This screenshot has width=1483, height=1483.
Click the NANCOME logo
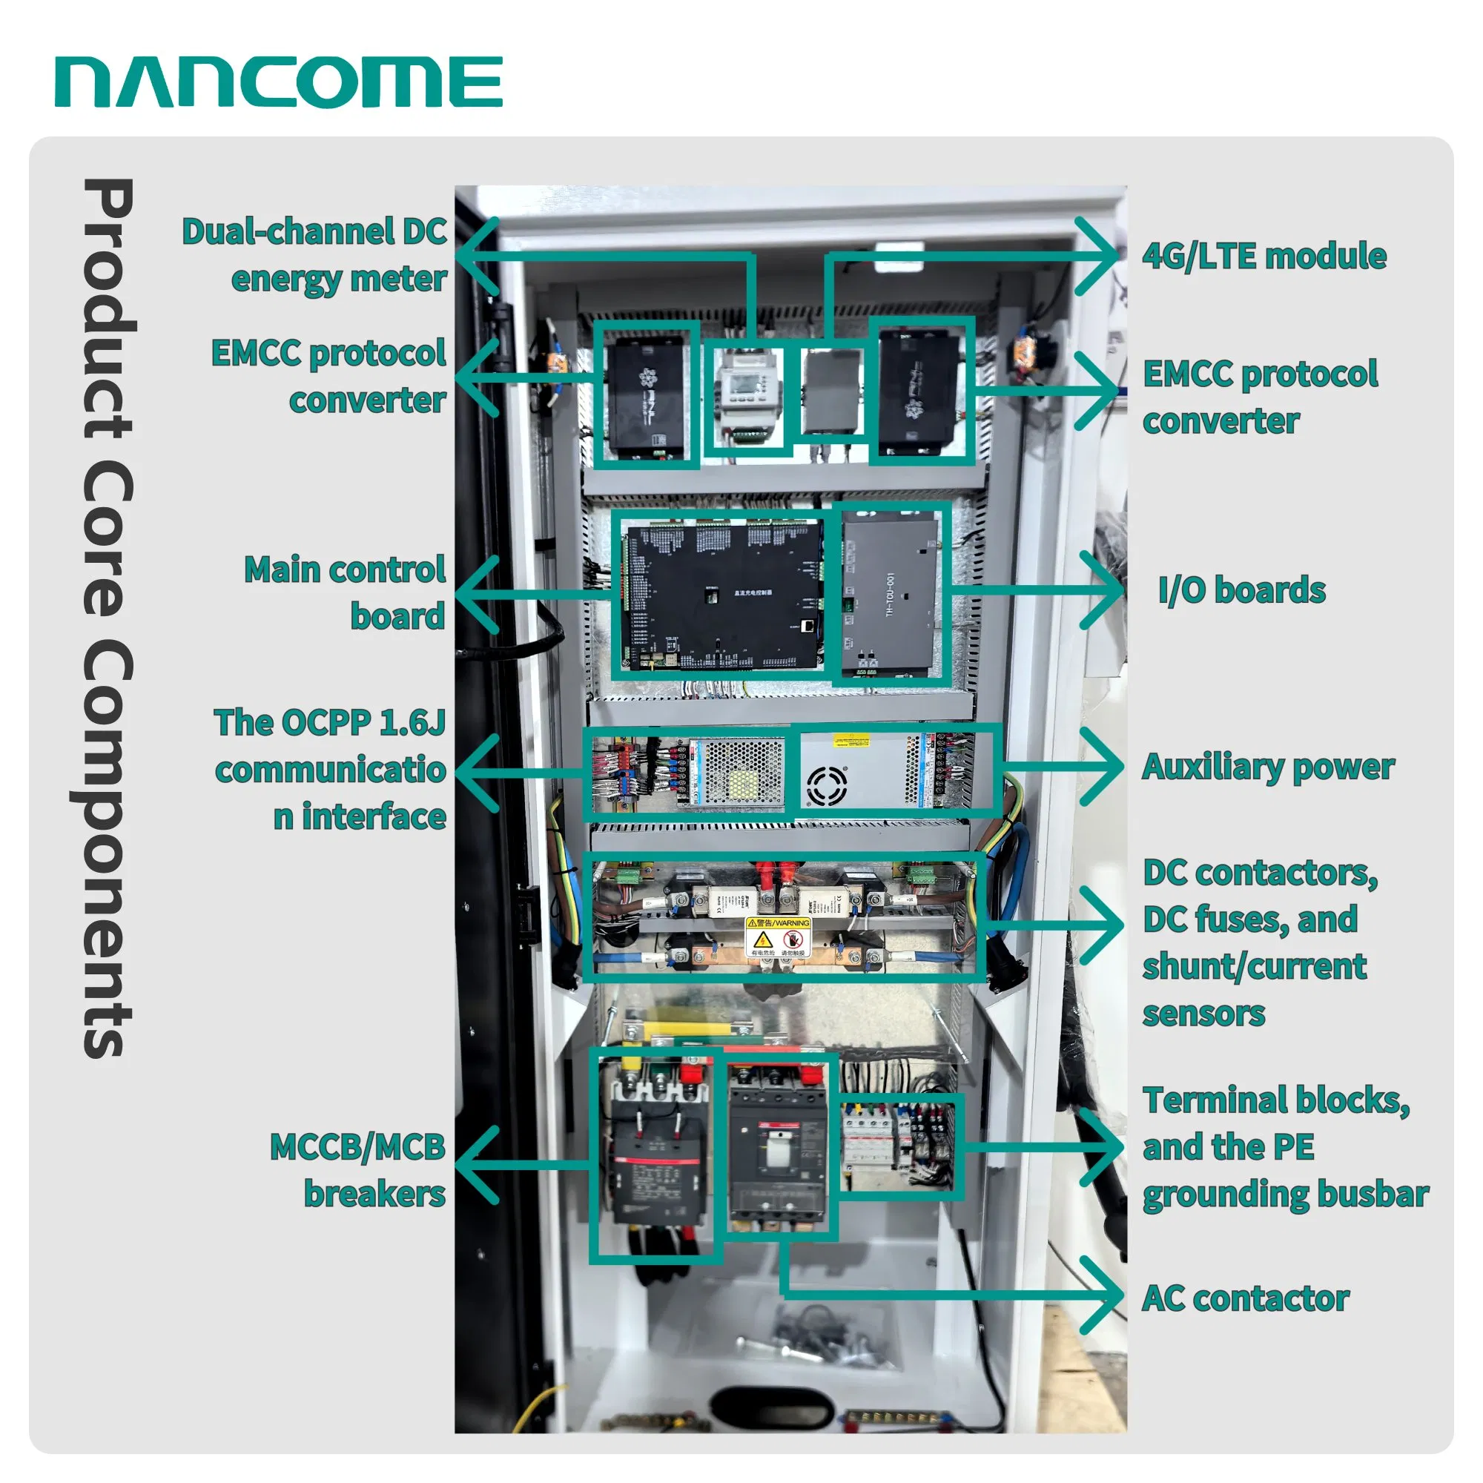tap(278, 82)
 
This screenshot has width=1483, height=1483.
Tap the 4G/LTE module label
tap(1264, 257)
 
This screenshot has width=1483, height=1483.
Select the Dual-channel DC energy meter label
tap(314, 255)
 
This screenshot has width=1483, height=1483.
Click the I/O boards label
tap(1241, 590)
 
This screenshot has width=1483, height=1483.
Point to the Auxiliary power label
tap(1267, 767)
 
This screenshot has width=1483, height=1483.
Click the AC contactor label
tap(1244, 1299)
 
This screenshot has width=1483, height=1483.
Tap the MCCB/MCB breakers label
tap(358, 1171)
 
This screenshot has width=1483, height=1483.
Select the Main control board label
tap(346, 592)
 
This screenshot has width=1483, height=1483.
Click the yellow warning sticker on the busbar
tap(779, 937)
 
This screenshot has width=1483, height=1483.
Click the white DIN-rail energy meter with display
tap(744, 397)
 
